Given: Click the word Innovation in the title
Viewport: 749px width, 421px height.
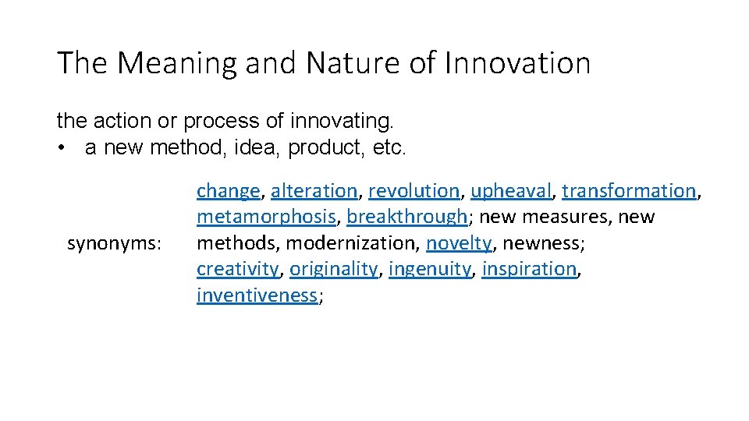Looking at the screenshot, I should pyautogui.click(x=517, y=63).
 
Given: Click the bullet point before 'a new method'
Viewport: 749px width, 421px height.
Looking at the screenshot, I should pyautogui.click(x=61, y=148).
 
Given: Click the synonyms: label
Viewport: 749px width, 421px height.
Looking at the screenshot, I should pyautogui.click(x=114, y=243).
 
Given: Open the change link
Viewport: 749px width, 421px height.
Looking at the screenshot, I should pyautogui.click(x=228, y=191).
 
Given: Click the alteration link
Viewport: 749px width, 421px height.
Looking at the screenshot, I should pyautogui.click(x=314, y=191).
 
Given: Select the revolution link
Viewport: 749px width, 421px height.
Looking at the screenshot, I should pyautogui.click(x=414, y=191).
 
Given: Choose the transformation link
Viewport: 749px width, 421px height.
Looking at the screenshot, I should pyautogui.click(x=629, y=191).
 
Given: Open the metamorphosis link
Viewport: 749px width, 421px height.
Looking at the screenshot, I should pyautogui.click(x=266, y=217).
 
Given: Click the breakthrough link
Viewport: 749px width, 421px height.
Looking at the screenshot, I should pyautogui.click(x=406, y=217).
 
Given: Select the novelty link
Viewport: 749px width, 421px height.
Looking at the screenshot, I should pyautogui.click(x=459, y=243).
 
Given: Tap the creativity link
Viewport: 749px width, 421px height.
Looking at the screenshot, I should pyautogui.click(x=237, y=269).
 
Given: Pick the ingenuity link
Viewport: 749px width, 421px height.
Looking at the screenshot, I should pyautogui.click(x=429, y=269).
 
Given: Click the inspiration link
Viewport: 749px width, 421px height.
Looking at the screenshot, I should pyautogui.click(x=529, y=269).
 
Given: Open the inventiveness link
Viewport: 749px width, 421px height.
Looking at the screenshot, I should pyautogui.click(x=257, y=295).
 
